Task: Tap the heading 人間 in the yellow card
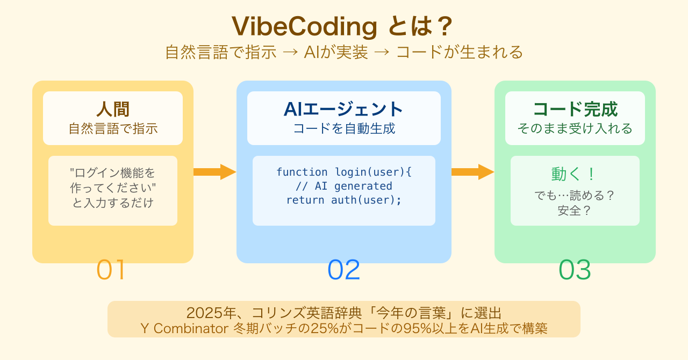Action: point(113,109)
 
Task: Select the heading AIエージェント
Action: point(344,109)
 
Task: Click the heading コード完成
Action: point(575,109)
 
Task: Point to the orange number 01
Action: point(111,270)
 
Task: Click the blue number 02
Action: point(344,270)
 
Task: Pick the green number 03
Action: point(575,270)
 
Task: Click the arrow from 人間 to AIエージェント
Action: point(214,172)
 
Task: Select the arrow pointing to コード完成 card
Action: point(472,172)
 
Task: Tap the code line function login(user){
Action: point(344,172)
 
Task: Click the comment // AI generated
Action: point(344,186)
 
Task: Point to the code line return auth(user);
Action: point(344,200)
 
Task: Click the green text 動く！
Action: point(574,174)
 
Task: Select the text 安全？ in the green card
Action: point(575,211)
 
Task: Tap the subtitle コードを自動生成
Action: point(344,129)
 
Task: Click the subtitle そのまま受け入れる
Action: point(575,129)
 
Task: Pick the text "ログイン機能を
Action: point(113,173)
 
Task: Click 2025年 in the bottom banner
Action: point(206,313)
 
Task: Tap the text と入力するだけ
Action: point(113,203)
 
